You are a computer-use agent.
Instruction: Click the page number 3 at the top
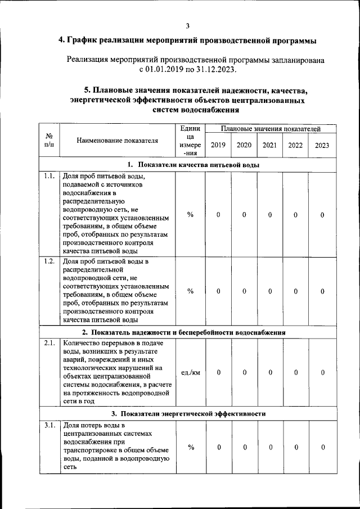point(187,25)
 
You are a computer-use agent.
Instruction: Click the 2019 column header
point(218,145)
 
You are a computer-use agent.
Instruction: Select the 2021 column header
point(269,145)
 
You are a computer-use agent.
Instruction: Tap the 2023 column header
point(322,145)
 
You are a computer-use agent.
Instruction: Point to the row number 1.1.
point(49,176)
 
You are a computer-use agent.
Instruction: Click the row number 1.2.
point(49,262)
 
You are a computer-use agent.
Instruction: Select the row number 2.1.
point(49,343)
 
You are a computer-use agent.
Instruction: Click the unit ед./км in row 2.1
point(190,372)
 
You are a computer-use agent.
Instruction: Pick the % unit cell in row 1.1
point(190,215)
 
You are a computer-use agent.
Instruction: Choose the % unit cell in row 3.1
point(190,447)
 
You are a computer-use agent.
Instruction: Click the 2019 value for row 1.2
point(218,291)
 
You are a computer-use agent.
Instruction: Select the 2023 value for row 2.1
point(322,372)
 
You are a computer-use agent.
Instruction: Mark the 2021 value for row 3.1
point(270,447)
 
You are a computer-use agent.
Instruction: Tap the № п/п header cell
point(49,141)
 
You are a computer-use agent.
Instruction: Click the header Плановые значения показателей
point(270,129)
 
